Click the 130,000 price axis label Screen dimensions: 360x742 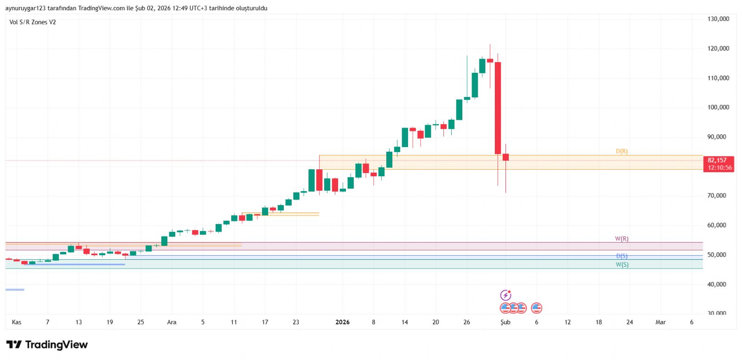(718, 19)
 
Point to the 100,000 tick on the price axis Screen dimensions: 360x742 (718, 107)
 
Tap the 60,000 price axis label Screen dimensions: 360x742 (716, 225)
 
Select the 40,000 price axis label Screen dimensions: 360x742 (716, 284)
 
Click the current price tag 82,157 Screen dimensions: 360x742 (717, 160)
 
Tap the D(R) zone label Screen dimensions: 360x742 (621, 151)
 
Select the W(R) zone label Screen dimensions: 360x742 (621, 238)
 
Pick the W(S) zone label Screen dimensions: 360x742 (622, 264)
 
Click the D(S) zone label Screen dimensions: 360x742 (621, 256)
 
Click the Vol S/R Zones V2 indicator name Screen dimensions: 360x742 (32, 22)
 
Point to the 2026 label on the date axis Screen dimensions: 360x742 (342, 322)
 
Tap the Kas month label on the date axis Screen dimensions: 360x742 (16, 322)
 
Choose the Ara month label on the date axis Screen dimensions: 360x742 (172, 322)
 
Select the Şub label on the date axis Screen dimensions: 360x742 (505, 322)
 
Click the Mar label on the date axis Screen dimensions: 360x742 (660, 322)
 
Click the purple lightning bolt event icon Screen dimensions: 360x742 (505, 295)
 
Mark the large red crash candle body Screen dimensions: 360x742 (498, 108)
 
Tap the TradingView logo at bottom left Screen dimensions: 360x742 (47, 345)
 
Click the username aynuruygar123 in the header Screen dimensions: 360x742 (26, 8)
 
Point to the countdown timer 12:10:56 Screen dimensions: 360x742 (720, 167)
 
